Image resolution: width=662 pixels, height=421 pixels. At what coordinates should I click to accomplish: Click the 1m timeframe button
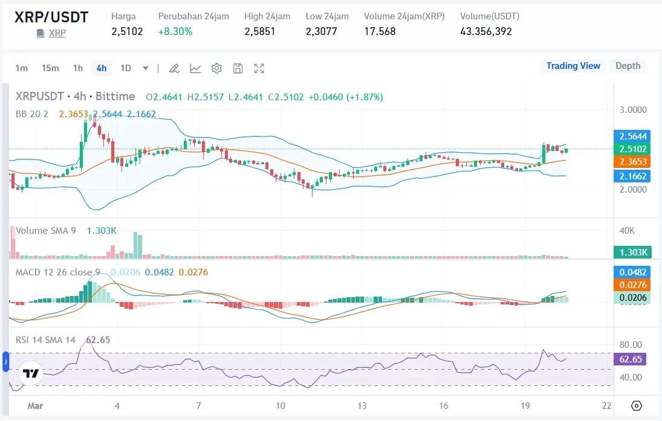pos(22,68)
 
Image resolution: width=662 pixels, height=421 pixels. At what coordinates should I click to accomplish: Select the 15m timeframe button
pos(50,68)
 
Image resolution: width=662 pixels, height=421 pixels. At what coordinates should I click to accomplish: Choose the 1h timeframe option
pos(78,68)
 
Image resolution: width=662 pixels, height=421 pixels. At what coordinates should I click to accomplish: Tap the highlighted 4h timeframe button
pos(102,68)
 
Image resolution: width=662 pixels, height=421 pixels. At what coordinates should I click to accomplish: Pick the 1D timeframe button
pos(126,68)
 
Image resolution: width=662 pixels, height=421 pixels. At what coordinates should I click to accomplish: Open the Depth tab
pos(628,66)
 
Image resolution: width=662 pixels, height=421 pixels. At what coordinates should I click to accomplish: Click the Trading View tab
pos(573,66)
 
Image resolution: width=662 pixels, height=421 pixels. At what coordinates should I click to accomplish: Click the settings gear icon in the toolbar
pos(216,68)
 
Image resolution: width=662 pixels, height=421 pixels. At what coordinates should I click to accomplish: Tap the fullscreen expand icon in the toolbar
pos(259,68)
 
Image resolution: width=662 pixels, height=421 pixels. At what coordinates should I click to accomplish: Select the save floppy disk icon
pos(238,68)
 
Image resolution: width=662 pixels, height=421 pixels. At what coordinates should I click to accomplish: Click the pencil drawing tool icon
pos(174,68)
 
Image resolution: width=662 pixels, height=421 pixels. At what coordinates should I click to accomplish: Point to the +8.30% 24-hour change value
pos(175,31)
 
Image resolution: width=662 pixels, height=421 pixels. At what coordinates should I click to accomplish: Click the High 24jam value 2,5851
pos(260,31)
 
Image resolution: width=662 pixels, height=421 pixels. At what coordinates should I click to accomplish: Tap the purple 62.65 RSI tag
pos(631,359)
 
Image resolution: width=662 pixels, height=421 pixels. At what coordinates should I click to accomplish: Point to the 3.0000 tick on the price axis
pos(633,110)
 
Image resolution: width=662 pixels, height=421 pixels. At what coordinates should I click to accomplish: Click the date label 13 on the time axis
pos(362,405)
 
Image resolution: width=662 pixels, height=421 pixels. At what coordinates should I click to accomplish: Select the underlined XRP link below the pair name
pos(57,33)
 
